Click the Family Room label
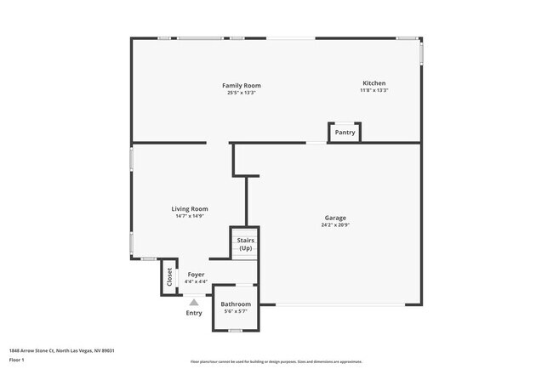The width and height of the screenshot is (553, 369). click(x=241, y=85)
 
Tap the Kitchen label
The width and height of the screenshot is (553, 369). click(x=374, y=83)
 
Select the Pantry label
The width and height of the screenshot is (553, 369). click(x=345, y=133)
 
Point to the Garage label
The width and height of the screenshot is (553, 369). click(x=334, y=218)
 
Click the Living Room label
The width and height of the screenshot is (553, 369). click(x=190, y=208)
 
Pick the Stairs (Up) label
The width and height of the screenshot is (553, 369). click(x=245, y=244)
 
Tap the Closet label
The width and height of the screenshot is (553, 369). click(x=169, y=277)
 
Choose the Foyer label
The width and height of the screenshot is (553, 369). click(x=196, y=275)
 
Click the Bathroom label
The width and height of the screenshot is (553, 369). click(x=236, y=304)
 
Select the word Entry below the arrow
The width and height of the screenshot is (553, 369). click(x=194, y=313)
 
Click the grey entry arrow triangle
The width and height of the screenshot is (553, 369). click(x=194, y=301)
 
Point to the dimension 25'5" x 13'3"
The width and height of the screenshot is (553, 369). click(x=241, y=93)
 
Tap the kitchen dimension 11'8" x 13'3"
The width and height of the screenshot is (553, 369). click(x=374, y=91)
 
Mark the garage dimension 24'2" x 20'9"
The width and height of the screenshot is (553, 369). click(x=334, y=225)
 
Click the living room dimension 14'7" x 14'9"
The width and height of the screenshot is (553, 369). click(x=190, y=216)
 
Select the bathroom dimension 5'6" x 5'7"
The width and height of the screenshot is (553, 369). click(x=236, y=311)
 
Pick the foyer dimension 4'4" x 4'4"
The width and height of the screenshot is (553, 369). click(x=196, y=281)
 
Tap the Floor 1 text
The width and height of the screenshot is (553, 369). click(x=18, y=360)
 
